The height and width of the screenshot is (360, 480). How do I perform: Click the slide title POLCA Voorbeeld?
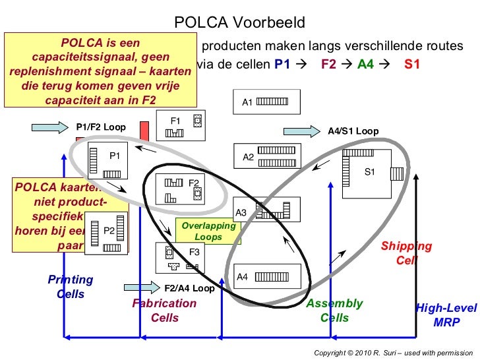[240, 23]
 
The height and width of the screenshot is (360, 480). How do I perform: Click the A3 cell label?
[241, 213]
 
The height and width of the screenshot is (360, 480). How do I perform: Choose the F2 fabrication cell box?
[181, 189]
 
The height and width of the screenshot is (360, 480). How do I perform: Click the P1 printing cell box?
[105, 163]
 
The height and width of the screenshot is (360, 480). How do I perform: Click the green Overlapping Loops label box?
[208, 231]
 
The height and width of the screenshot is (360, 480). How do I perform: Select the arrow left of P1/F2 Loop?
[49, 126]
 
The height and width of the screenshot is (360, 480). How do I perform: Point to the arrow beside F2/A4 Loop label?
[142, 287]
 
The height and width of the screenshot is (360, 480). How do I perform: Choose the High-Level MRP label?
[446, 315]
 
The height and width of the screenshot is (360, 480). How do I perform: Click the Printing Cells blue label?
[71, 287]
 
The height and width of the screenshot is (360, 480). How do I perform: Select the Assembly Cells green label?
[334, 311]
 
